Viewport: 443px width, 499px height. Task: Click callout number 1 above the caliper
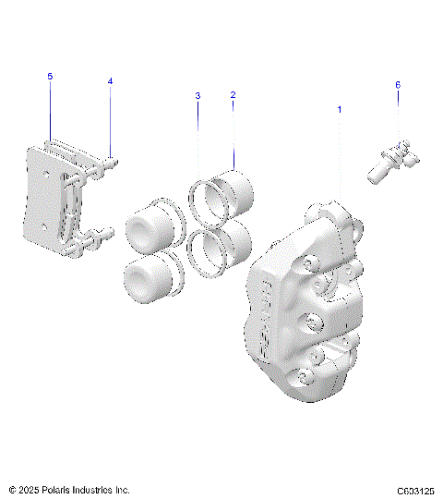pyautogui.click(x=339, y=109)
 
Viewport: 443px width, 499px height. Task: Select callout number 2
pyautogui.click(x=233, y=95)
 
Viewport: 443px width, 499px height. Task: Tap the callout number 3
pyautogui.click(x=197, y=96)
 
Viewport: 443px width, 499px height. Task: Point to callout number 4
pyautogui.click(x=110, y=81)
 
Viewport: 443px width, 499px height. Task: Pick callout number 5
pyautogui.click(x=51, y=77)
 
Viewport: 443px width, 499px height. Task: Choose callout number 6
pyautogui.click(x=398, y=85)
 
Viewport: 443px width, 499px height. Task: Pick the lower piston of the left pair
pyautogui.click(x=146, y=277)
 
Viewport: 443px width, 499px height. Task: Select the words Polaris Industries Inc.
pyautogui.click(x=81, y=489)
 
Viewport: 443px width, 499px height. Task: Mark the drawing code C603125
pyautogui.click(x=415, y=490)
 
